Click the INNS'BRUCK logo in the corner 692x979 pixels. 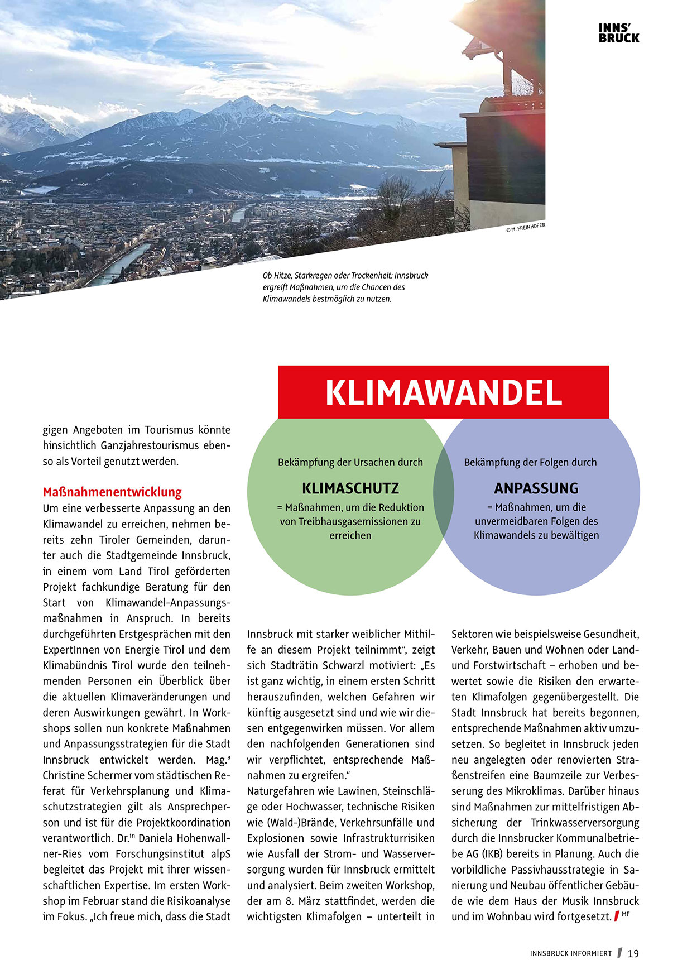click(618, 33)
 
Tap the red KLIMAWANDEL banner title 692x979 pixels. click(443, 393)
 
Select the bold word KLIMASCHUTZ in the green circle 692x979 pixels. click(350, 488)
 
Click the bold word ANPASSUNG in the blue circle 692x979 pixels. click(536, 488)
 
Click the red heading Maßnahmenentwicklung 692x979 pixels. click(112, 492)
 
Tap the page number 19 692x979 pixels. click(633, 954)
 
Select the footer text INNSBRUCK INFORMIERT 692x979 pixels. click(571, 954)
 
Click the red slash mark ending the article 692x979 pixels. click(616, 916)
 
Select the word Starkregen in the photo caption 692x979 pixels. click(314, 276)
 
